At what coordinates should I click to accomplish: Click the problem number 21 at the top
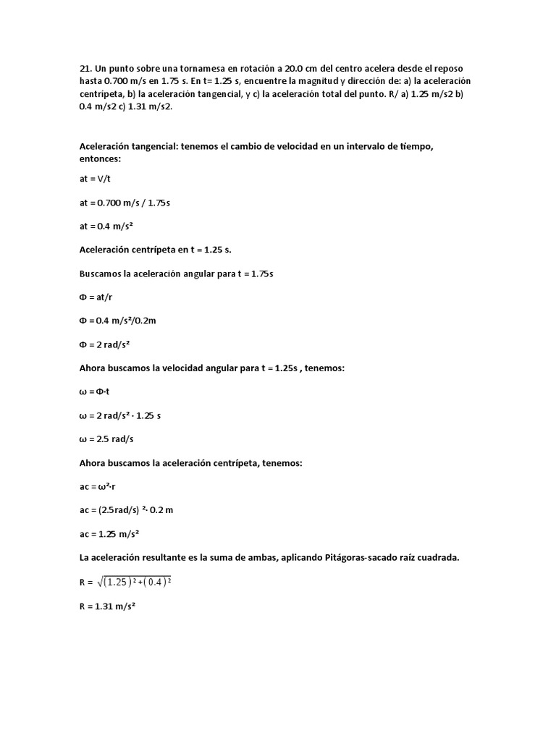[x=85, y=69]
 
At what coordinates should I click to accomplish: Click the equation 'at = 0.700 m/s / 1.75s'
[x=125, y=203]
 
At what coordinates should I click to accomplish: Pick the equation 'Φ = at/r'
[x=97, y=297]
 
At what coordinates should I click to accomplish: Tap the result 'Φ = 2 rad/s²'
[x=109, y=344]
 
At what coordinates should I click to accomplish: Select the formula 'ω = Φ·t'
[x=93, y=392]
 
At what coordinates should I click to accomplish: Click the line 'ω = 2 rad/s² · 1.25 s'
[x=119, y=416]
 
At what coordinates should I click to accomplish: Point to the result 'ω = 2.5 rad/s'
[x=108, y=439]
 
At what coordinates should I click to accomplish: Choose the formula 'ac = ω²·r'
[x=98, y=487]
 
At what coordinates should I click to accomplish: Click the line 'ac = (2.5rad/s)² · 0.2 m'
[x=126, y=510]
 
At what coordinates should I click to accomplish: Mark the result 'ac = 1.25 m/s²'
[x=109, y=534]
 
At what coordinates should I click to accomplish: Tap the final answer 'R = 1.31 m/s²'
[x=108, y=607]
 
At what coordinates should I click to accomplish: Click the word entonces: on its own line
[x=101, y=158]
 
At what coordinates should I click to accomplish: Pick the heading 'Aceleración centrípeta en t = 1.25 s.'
[x=155, y=250]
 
